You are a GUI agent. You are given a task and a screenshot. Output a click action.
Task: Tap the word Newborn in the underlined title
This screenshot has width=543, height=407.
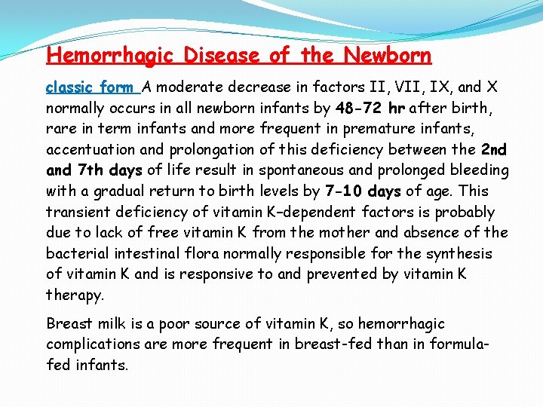[388, 56]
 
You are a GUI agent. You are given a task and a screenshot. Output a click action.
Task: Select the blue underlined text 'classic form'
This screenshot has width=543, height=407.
[92, 87]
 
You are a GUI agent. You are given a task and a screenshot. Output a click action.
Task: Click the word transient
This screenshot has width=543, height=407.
[76, 212]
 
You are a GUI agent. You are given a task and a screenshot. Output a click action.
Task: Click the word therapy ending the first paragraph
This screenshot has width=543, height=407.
[75, 295]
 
